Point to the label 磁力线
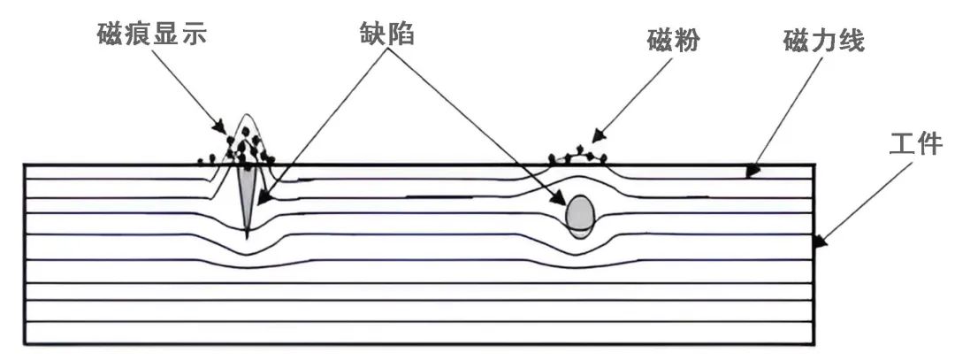pos(822,41)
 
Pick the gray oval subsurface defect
pos(579,213)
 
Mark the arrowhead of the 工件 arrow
pos(819,242)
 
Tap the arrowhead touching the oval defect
pos(562,201)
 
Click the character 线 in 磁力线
pos(851,41)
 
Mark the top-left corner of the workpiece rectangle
pos(23,165)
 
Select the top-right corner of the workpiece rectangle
pos(814,165)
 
